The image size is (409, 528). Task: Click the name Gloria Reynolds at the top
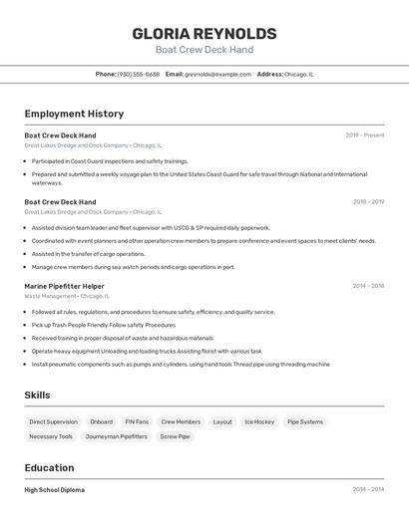(x=204, y=34)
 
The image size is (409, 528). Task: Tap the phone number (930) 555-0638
(x=138, y=74)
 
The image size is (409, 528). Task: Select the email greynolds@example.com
(x=217, y=74)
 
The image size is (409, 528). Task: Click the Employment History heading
(x=74, y=115)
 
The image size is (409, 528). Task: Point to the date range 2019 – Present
(x=365, y=135)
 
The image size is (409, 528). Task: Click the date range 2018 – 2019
(x=368, y=202)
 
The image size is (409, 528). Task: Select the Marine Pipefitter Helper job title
(x=64, y=286)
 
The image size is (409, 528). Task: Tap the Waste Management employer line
(x=66, y=296)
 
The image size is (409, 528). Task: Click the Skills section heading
(x=37, y=396)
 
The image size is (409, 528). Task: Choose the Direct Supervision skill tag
(x=53, y=421)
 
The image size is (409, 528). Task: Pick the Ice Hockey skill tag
(x=259, y=421)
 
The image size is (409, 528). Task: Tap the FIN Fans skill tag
(x=137, y=421)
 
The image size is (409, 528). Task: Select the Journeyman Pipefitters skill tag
(x=116, y=436)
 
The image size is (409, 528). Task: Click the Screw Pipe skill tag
(x=175, y=436)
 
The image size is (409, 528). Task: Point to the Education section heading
(x=49, y=468)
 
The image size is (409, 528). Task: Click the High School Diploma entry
(x=54, y=490)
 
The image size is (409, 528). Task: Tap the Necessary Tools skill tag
(x=51, y=436)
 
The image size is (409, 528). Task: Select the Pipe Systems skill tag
(x=305, y=421)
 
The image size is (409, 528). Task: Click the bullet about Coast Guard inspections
(x=110, y=160)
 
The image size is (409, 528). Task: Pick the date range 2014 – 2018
(x=368, y=286)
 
